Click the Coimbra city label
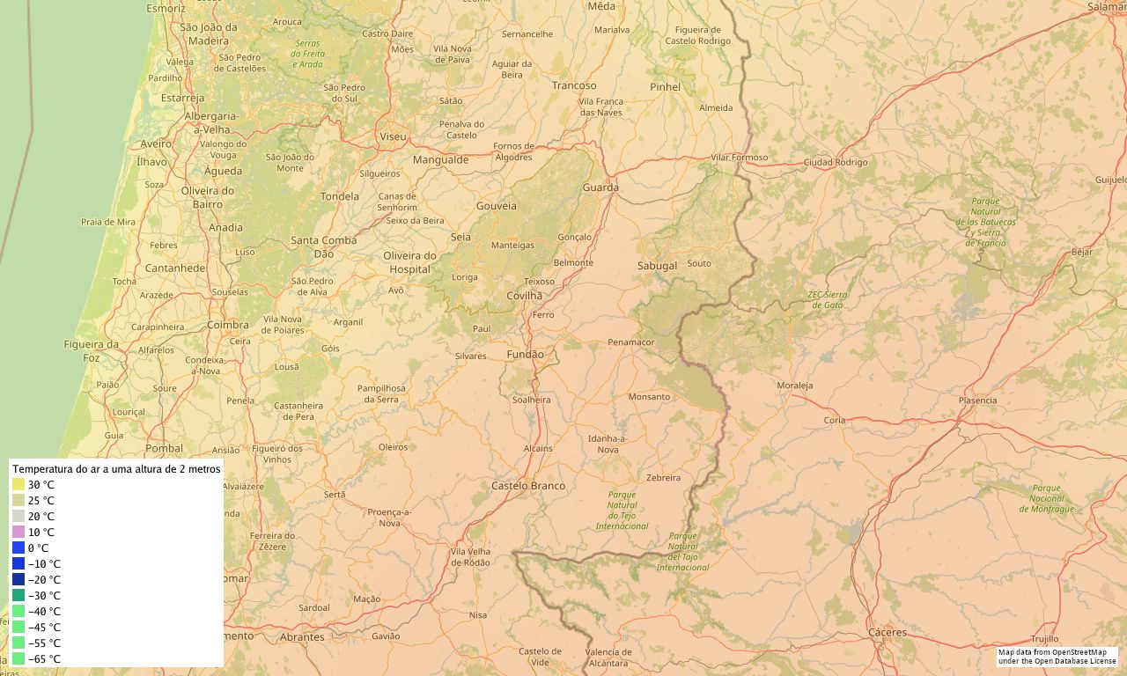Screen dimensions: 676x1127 [x=228, y=325]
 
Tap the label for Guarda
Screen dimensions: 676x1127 [x=600, y=187]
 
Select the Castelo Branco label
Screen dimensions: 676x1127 [x=528, y=486]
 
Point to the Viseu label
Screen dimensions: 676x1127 [x=393, y=136]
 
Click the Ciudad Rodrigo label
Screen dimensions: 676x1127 [x=835, y=163]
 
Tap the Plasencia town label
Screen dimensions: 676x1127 [x=977, y=400]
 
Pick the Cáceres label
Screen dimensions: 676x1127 [x=887, y=633]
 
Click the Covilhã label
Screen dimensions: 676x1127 [x=525, y=296]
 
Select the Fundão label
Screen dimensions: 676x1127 [x=526, y=354]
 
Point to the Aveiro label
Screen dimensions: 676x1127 [x=156, y=143]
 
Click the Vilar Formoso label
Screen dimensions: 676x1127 [x=740, y=158]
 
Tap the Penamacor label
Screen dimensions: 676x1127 [x=631, y=342]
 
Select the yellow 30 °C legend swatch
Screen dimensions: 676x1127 [x=18, y=485]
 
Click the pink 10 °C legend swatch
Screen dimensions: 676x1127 [x=18, y=533]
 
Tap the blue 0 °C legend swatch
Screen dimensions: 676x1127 [x=18, y=547]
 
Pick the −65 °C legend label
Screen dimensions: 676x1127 [x=44, y=659]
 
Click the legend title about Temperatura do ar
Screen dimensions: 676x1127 [x=116, y=469]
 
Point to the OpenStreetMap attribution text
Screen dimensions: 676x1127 [x=1057, y=657]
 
